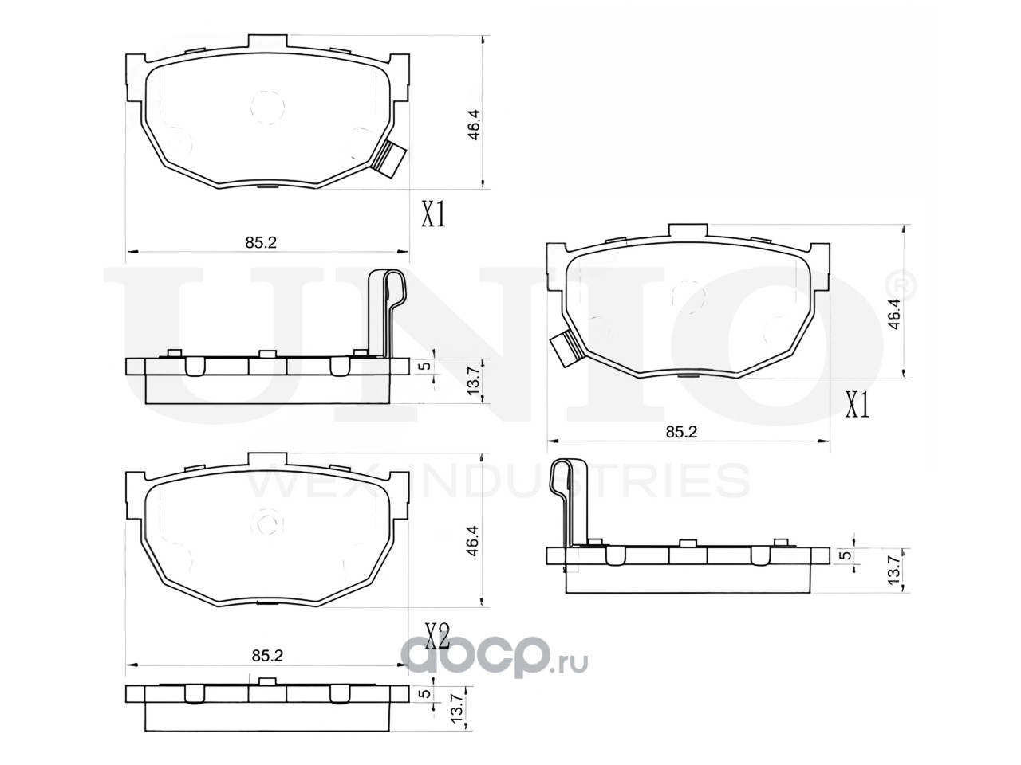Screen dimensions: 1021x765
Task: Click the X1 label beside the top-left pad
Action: [433, 214]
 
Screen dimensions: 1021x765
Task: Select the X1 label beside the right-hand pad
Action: [857, 405]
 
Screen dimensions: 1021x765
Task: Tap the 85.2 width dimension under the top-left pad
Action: [261, 242]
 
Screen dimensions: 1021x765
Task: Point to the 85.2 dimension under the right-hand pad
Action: [681, 432]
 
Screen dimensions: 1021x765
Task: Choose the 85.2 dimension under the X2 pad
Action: [267, 655]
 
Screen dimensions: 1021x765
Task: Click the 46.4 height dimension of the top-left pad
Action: [474, 124]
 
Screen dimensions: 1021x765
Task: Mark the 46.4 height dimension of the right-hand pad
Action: [894, 315]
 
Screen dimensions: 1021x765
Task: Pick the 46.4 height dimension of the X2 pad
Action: [474, 541]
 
